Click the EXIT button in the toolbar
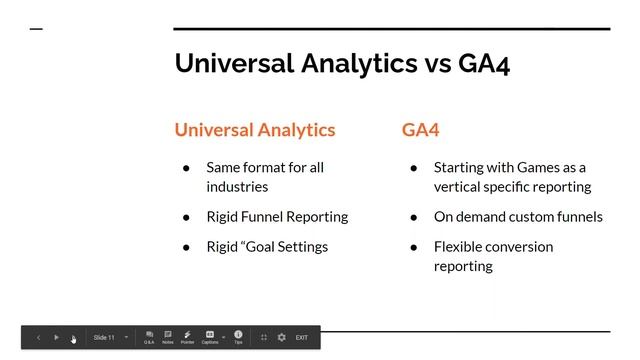pos(301,338)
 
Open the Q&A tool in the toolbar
pos(149,336)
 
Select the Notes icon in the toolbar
pos(168,336)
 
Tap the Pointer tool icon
pos(187,336)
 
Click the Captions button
pos(210,336)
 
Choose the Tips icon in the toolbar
pos(238,336)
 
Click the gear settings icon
pos(281,338)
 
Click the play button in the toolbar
pos(56,338)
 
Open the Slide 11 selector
pos(110,338)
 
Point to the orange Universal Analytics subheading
pos(255,130)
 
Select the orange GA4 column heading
pos(420,130)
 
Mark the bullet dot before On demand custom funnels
pos(413,217)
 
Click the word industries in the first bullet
pos(237,186)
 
